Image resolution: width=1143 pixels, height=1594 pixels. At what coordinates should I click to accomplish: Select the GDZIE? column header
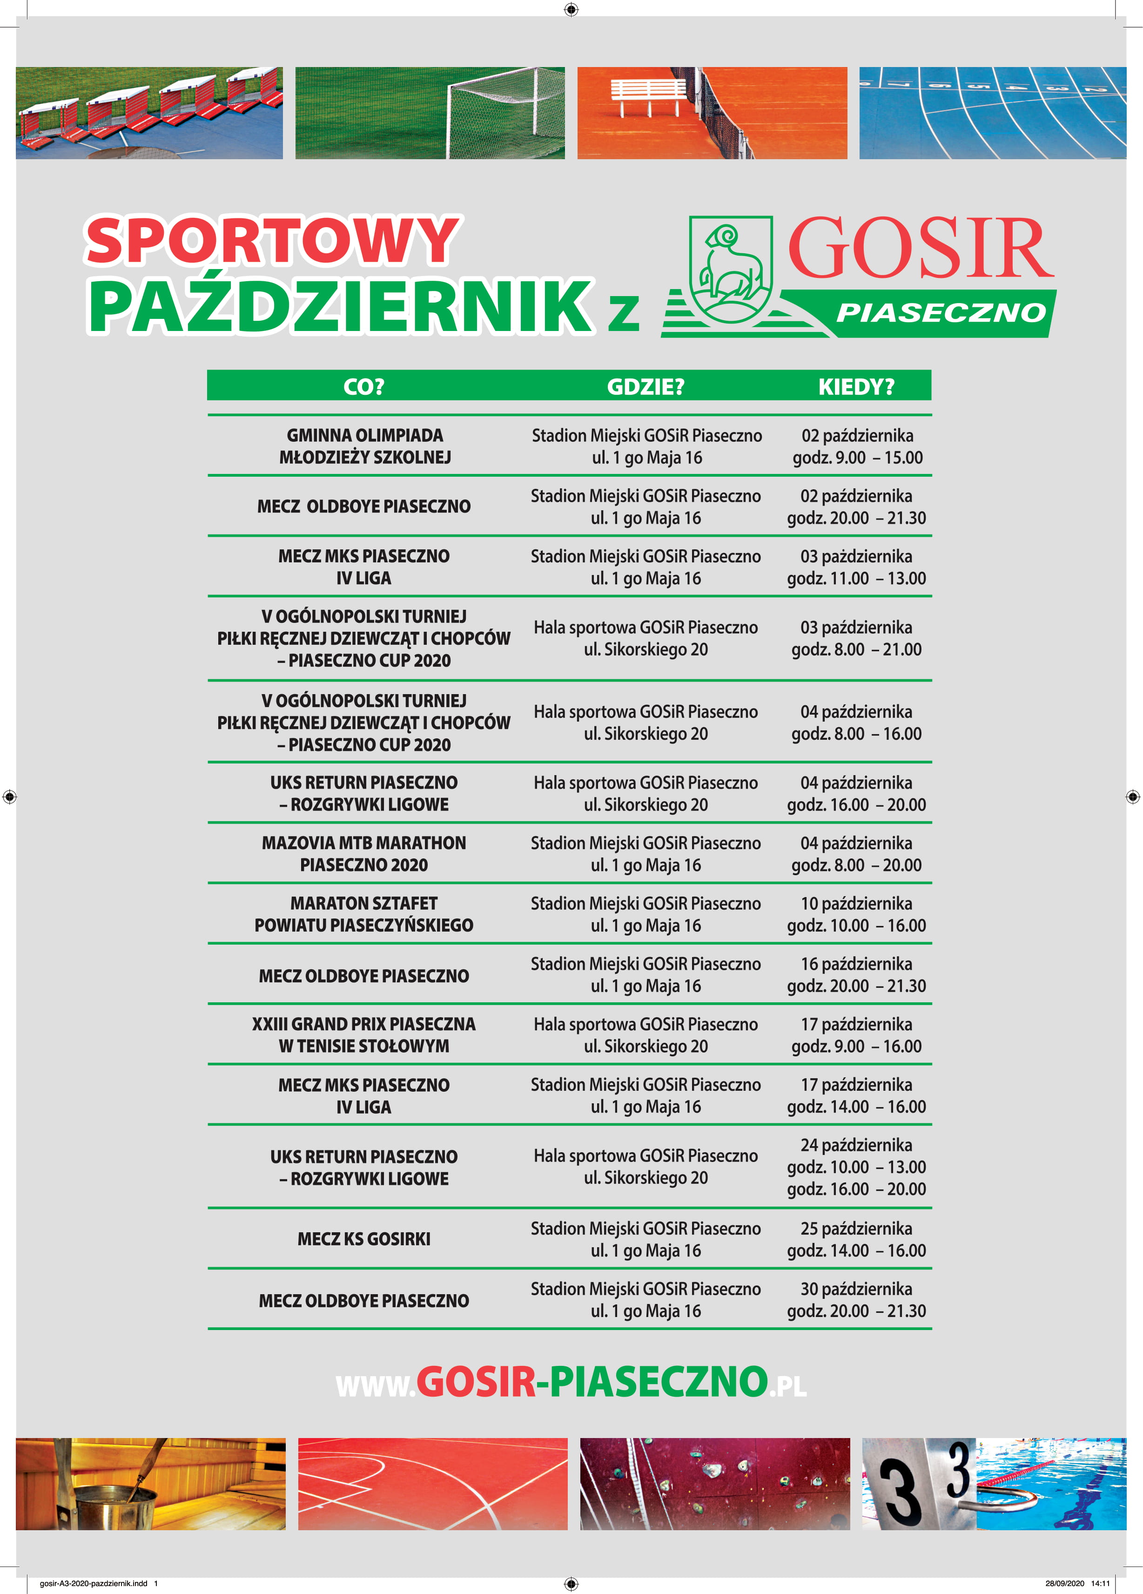[x=645, y=386]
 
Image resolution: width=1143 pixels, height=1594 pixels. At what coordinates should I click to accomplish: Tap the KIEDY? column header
[x=856, y=386]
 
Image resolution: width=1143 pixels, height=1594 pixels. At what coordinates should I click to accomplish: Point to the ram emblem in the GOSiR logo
[x=731, y=269]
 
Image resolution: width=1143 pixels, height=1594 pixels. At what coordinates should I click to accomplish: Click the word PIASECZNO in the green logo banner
[x=941, y=313]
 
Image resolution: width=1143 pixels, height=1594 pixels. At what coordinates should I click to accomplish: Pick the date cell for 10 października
[x=856, y=914]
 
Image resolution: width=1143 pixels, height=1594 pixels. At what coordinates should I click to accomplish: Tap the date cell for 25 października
[x=856, y=1239]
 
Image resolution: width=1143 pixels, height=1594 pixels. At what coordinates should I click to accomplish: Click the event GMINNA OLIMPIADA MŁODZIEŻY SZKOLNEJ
[x=364, y=446]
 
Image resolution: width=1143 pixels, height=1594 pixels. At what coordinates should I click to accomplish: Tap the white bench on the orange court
[x=648, y=95]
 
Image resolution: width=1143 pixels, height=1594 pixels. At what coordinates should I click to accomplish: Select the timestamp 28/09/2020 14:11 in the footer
[x=1077, y=1583]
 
